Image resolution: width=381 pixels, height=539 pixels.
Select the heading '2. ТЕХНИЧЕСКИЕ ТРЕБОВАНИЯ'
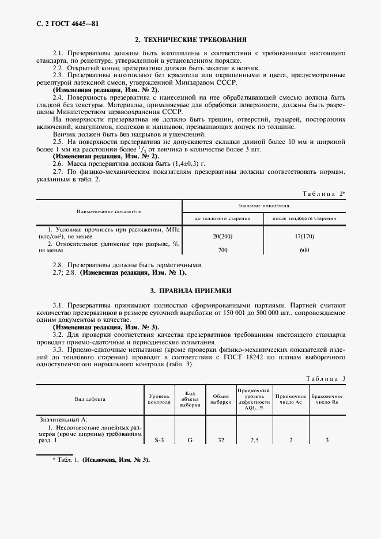pyautogui.click(x=190, y=40)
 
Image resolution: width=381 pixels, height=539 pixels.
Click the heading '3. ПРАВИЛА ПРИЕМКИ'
pyautogui.click(x=190, y=291)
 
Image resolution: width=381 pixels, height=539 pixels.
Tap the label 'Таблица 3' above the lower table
pyautogui.click(x=325, y=378)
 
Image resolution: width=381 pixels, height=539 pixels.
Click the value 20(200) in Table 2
pyautogui.click(x=222, y=237)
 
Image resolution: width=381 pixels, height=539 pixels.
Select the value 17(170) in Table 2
pyautogui.click(x=304, y=237)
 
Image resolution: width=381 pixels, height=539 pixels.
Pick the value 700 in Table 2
pyautogui.click(x=222, y=250)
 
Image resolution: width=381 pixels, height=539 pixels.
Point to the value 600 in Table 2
pyautogui.click(x=304, y=250)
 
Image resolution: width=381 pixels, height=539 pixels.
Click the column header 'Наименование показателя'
pyautogui.click(x=110, y=211)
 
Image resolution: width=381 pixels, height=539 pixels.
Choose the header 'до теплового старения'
pyautogui.click(x=222, y=218)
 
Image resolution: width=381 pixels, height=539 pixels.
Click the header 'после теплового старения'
pyautogui.click(x=304, y=218)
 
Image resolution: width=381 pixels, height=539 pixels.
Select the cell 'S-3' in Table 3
pyautogui.click(x=160, y=441)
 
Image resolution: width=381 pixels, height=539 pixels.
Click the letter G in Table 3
pyautogui.click(x=190, y=441)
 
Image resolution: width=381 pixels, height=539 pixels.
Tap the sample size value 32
pyautogui.click(x=220, y=441)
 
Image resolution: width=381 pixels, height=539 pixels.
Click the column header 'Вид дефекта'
pyautogui.click(x=90, y=399)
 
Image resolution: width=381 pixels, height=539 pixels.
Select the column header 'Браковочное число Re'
pyautogui.click(x=327, y=399)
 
